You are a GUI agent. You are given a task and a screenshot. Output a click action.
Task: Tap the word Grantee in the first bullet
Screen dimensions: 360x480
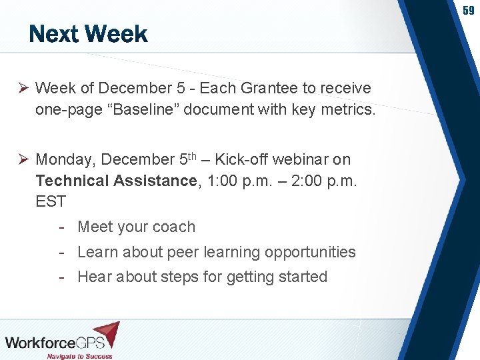coord(265,88)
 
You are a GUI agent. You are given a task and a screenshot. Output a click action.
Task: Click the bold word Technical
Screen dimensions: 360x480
coord(72,181)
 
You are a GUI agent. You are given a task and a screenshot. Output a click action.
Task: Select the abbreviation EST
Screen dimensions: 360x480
coord(51,201)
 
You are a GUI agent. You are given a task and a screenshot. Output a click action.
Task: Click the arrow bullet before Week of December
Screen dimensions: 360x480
coord(22,88)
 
